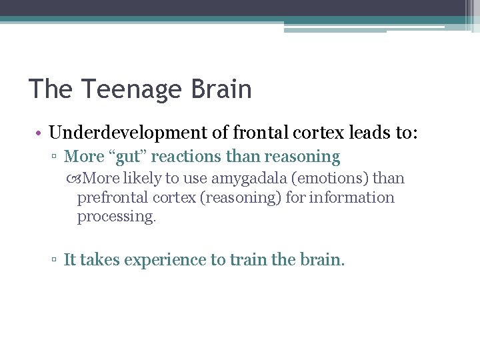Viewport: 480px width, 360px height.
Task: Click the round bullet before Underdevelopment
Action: [x=40, y=133]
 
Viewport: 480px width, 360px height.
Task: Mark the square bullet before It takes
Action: [x=55, y=261]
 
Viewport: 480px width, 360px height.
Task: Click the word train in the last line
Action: [x=249, y=260]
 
